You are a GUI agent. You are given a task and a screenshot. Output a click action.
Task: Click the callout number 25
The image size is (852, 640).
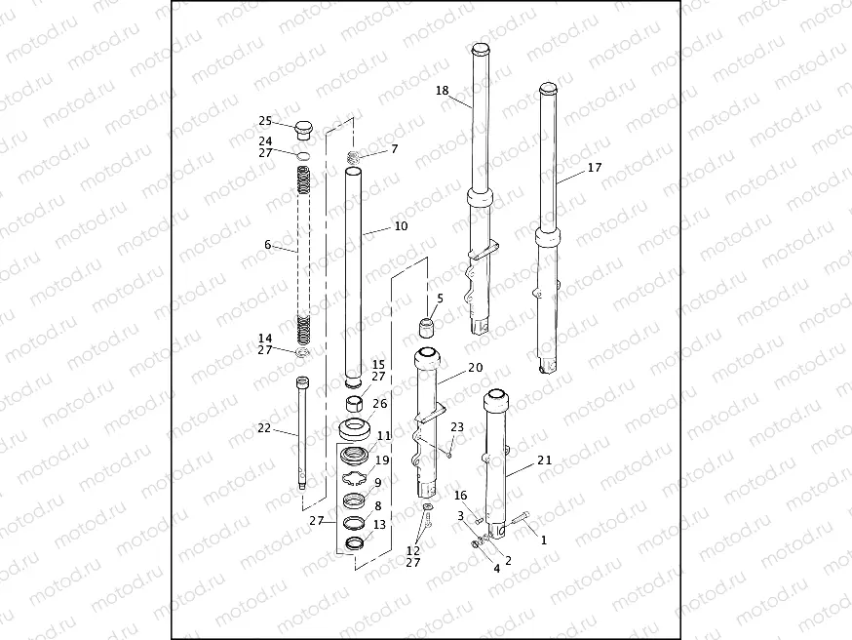(x=265, y=121)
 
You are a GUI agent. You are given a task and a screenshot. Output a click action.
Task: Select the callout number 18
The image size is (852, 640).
(x=443, y=91)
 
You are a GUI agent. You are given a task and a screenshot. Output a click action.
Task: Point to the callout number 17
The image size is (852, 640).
(x=594, y=168)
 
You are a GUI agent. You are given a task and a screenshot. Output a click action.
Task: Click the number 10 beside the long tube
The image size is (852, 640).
(x=401, y=226)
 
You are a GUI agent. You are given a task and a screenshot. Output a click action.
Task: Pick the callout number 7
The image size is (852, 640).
(x=394, y=149)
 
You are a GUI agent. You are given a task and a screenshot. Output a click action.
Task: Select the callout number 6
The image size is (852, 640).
(x=268, y=245)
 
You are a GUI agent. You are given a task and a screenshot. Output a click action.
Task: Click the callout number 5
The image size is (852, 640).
(x=440, y=298)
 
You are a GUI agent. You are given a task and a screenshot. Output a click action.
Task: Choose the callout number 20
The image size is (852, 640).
(x=475, y=368)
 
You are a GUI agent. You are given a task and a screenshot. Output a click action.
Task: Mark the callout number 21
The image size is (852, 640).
(x=545, y=460)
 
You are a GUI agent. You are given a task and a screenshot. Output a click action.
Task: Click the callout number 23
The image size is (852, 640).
(x=457, y=426)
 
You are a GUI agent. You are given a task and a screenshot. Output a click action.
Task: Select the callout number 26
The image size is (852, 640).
(x=379, y=403)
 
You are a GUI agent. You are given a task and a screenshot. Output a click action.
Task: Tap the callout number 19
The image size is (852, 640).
(x=382, y=460)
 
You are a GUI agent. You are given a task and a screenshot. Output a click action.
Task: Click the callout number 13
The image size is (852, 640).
(x=379, y=524)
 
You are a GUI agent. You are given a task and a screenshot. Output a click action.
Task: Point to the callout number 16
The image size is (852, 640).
(x=461, y=496)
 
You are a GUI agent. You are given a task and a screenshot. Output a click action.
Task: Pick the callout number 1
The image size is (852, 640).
(x=544, y=539)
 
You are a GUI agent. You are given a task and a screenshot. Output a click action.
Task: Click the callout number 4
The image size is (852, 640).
(x=496, y=567)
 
